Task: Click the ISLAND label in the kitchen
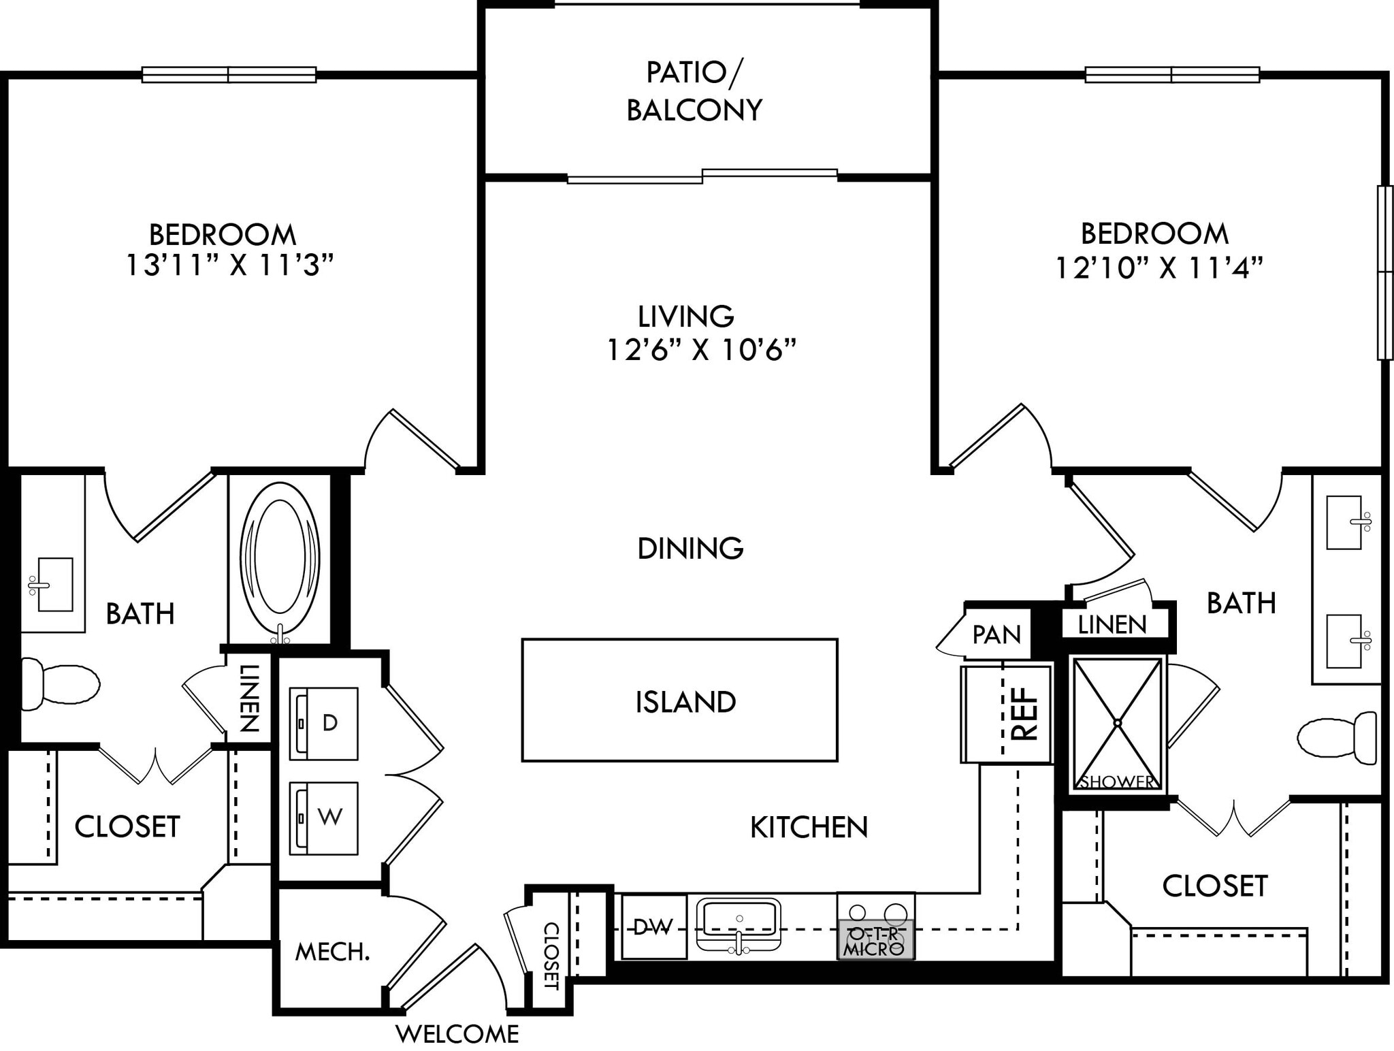click(685, 702)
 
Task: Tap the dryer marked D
click(324, 723)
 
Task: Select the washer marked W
click(324, 818)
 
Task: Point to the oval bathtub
click(280, 557)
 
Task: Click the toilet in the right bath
click(1335, 736)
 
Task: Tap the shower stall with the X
click(1117, 723)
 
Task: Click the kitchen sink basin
click(739, 918)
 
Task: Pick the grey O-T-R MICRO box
click(875, 940)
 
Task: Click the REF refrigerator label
click(1025, 713)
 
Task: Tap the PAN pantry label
click(996, 634)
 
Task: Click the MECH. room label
click(332, 952)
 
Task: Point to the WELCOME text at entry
click(457, 1034)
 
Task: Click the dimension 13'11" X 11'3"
click(230, 265)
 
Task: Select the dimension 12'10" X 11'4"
click(1158, 268)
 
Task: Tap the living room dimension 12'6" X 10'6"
click(700, 350)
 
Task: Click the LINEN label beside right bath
click(1112, 624)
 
